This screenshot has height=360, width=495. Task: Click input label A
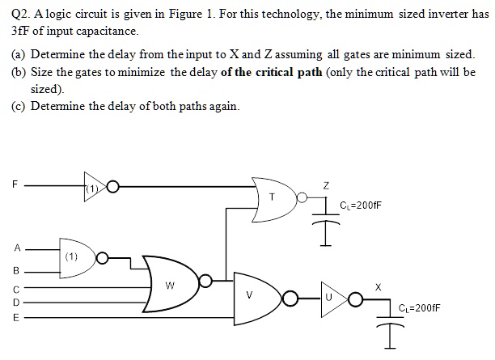tap(14, 248)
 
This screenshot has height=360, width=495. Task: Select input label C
tap(14, 287)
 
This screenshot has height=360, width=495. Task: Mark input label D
tap(14, 302)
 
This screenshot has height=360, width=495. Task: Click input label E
tap(14, 318)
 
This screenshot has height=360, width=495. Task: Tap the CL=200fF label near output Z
tap(360, 206)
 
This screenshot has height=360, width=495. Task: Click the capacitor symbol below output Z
tap(325, 220)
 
